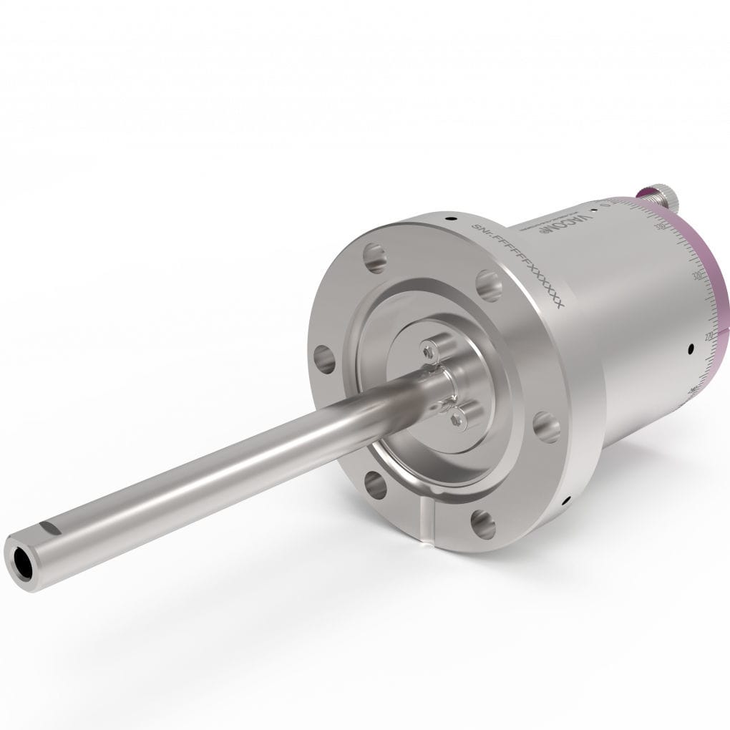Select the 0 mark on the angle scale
(605, 205)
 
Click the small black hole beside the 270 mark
(690, 349)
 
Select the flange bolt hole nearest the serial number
(487, 286)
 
